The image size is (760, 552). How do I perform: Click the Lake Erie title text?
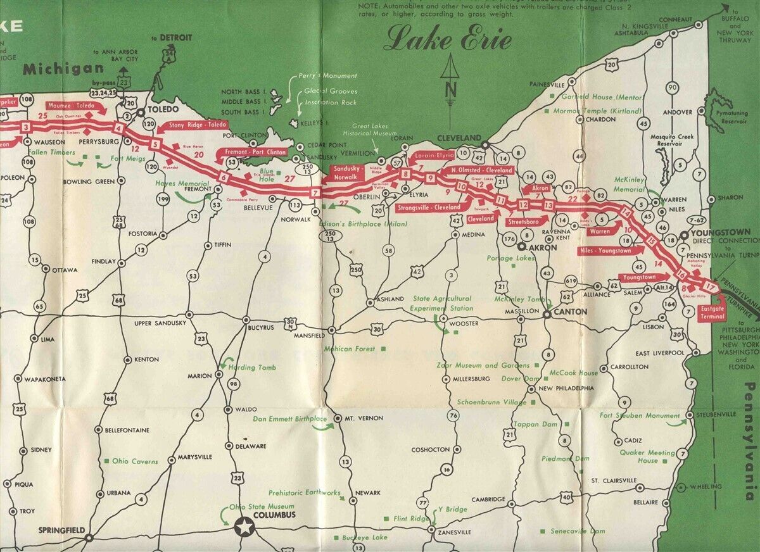click(x=447, y=39)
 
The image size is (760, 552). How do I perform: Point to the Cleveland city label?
click(x=460, y=138)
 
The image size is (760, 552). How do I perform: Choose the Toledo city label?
click(x=160, y=109)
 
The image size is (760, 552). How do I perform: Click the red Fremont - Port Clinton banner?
click(x=251, y=153)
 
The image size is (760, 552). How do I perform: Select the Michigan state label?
click(x=63, y=69)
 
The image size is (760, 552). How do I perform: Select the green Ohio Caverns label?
click(x=135, y=461)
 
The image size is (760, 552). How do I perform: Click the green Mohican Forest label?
click(x=350, y=349)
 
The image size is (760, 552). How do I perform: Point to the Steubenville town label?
click(x=716, y=414)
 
